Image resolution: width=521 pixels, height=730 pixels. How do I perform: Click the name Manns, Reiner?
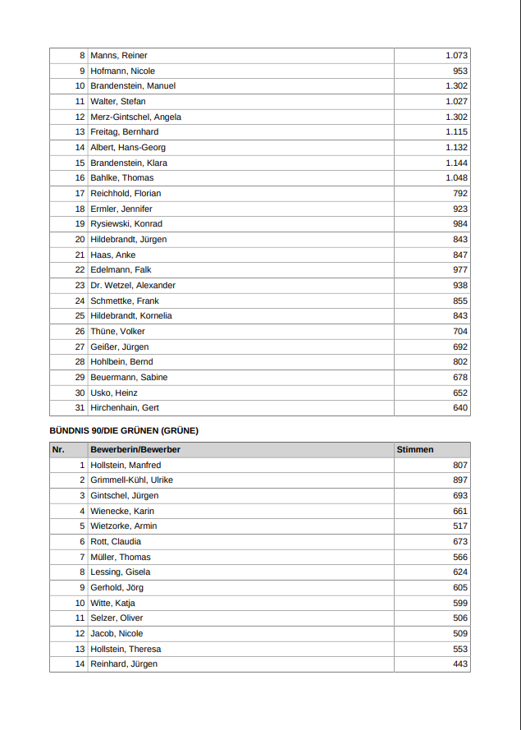pyautogui.click(x=119, y=56)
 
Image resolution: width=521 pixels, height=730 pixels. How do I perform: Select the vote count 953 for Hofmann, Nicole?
pyautogui.click(x=459, y=71)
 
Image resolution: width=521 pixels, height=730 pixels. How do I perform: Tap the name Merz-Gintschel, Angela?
pyautogui.click(x=135, y=117)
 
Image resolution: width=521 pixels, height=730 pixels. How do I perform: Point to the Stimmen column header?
pyautogui.click(x=415, y=450)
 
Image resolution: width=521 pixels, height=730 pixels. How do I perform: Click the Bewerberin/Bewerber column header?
pyautogui.click(x=135, y=450)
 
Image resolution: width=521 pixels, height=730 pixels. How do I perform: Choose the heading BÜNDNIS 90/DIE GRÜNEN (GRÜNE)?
pyautogui.click(x=124, y=430)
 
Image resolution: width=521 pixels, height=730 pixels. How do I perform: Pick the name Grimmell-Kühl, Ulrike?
pyautogui.click(x=131, y=480)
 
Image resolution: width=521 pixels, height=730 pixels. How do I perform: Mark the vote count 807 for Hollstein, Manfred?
pyautogui.click(x=459, y=465)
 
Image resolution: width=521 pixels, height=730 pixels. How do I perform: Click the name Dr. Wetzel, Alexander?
pyautogui.click(x=133, y=285)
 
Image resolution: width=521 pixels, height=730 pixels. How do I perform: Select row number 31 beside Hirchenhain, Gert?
pyautogui.click(x=80, y=408)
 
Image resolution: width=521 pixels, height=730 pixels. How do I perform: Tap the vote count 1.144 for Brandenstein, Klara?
pyautogui.click(x=456, y=163)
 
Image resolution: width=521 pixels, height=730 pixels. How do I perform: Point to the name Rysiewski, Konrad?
pyautogui.click(x=126, y=224)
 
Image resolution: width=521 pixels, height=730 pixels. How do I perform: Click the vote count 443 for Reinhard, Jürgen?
pyautogui.click(x=459, y=664)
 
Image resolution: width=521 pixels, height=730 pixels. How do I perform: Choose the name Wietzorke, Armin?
pyautogui.click(x=123, y=526)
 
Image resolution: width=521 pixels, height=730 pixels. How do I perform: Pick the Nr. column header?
pyautogui.click(x=58, y=450)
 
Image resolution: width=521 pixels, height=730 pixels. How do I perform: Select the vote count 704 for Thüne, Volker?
pyautogui.click(x=459, y=332)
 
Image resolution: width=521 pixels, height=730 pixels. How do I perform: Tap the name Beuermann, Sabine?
pyautogui.click(x=129, y=378)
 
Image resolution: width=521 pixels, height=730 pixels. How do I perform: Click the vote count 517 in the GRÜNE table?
pyautogui.click(x=459, y=526)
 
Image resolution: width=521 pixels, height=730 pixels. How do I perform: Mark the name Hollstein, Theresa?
pyautogui.click(x=126, y=649)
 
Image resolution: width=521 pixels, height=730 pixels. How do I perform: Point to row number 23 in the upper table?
pyautogui.click(x=80, y=285)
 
